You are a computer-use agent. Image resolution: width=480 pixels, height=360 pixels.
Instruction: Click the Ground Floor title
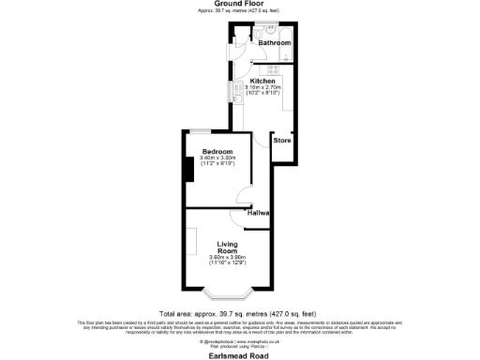(239, 4)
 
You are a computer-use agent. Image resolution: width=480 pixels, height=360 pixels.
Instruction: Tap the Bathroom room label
(275, 43)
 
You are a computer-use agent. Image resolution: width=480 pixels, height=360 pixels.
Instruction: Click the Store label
(282, 142)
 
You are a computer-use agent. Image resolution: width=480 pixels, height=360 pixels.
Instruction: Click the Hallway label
(259, 214)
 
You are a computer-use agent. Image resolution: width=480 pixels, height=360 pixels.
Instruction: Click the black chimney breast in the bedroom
(188, 170)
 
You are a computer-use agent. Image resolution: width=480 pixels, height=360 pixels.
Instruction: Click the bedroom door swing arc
(244, 194)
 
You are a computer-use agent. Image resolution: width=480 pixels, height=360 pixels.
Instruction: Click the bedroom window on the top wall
(200, 131)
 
